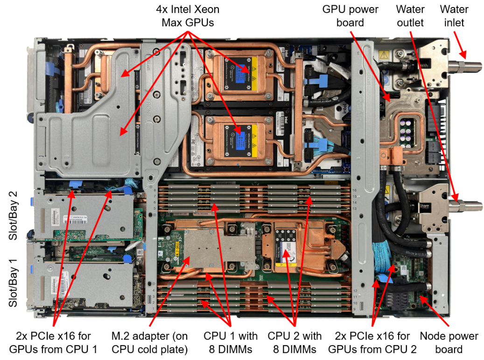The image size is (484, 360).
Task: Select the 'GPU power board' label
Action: [x=350, y=15]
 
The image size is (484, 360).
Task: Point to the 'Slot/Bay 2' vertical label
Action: [x=14, y=215]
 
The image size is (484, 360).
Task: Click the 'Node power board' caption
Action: [x=449, y=342]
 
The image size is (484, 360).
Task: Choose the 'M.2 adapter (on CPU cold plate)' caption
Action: [x=149, y=342]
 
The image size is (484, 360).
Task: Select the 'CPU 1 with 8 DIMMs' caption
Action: [x=231, y=342]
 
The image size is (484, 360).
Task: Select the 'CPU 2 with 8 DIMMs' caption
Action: [x=295, y=342]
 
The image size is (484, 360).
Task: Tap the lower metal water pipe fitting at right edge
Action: [x=467, y=204]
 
